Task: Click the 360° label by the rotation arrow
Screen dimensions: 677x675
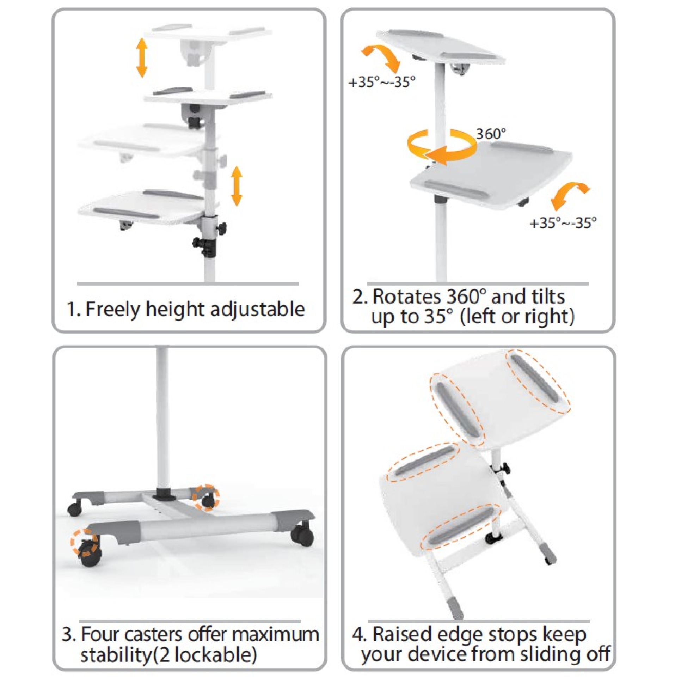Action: (x=491, y=134)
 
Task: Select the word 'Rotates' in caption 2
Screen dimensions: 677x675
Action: (x=406, y=297)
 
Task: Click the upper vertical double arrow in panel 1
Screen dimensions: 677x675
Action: (x=142, y=58)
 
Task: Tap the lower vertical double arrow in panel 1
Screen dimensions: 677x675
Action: (x=237, y=186)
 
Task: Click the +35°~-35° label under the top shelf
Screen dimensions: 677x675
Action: (x=382, y=82)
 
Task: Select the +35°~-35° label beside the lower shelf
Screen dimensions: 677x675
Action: (x=563, y=223)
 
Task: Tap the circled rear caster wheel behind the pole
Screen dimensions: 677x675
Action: (x=208, y=500)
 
